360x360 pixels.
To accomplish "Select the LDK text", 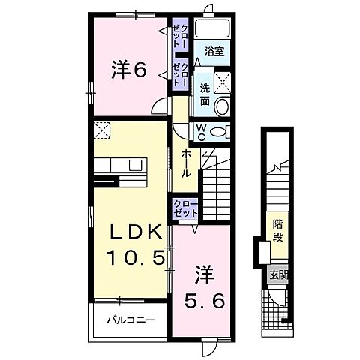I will point(129,234).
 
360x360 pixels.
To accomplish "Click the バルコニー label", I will point(130,319).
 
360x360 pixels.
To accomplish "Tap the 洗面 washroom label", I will point(204,93).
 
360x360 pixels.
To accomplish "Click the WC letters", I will point(201,131).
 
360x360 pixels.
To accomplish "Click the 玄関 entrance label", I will point(277,275).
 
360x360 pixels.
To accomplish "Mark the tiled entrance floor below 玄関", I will point(276,308).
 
